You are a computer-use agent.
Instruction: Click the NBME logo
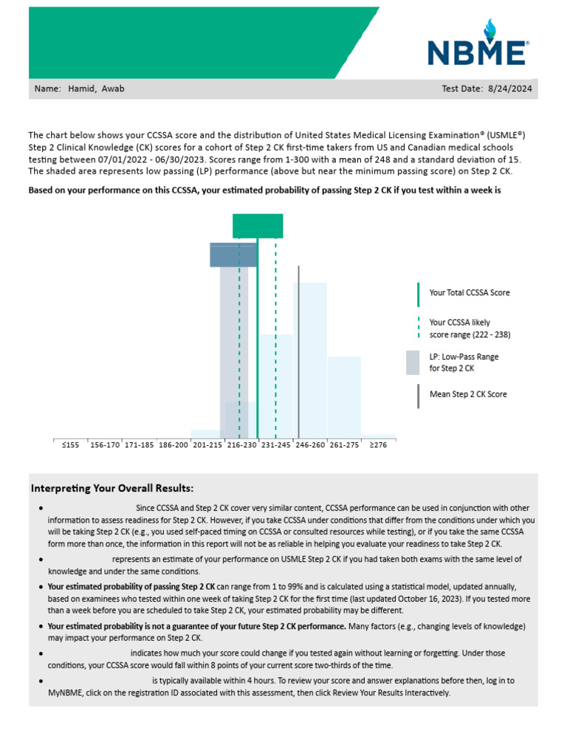478,46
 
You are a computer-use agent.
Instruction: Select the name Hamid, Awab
96,89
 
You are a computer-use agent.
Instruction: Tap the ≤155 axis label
70,445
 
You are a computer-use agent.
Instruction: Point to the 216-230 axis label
242,445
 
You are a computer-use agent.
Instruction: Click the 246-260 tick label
310,445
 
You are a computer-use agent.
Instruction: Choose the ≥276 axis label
378,445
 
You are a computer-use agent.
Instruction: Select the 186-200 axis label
173,445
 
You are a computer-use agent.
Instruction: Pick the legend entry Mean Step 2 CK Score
468,394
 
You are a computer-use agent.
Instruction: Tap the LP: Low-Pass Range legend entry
464,357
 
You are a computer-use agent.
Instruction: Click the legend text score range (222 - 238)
470,334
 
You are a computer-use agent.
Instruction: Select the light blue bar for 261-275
344,399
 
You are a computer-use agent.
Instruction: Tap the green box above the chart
258,226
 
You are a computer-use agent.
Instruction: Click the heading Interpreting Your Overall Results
112,488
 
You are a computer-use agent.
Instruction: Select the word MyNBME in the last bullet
66,693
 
